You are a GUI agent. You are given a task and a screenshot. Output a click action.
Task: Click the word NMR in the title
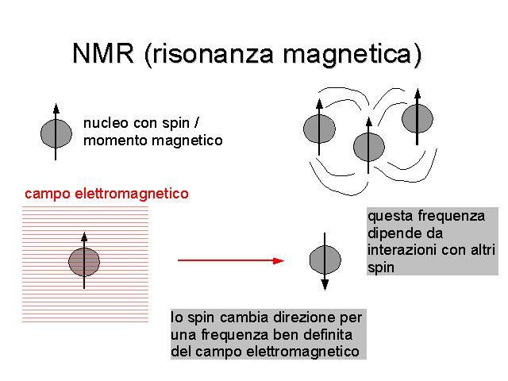[103, 53]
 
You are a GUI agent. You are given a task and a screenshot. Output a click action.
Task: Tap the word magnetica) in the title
[352, 55]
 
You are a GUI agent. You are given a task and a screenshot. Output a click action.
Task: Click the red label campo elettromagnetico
[106, 194]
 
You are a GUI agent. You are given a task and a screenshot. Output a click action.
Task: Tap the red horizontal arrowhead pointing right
[279, 260]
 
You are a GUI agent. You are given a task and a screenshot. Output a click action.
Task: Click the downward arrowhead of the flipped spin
[325, 285]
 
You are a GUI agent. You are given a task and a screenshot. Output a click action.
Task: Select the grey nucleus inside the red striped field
[84, 262]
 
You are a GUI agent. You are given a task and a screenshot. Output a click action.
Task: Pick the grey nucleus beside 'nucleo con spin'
[56, 133]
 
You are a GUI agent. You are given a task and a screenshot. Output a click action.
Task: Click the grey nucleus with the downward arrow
[325, 260]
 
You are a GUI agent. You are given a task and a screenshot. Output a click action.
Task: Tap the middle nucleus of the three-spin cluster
[368, 147]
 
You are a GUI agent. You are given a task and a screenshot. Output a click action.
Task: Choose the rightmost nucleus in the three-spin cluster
[418, 118]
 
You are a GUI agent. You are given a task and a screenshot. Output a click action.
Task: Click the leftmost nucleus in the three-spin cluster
[319, 129]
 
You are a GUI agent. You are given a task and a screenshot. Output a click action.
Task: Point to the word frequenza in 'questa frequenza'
[452, 216]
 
